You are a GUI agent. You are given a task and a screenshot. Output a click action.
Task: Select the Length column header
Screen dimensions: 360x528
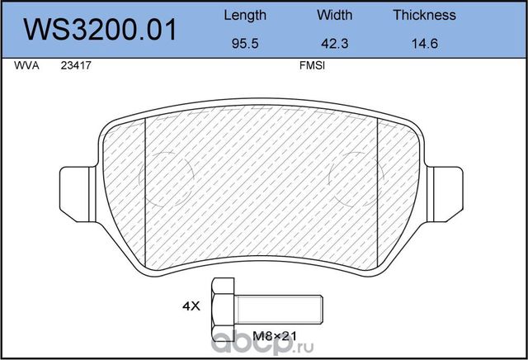pyautogui.click(x=245, y=15)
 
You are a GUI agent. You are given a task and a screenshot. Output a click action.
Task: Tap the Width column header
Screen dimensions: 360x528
pyautogui.click(x=334, y=15)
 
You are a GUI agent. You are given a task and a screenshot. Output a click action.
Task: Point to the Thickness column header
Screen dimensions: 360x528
pyautogui.click(x=424, y=15)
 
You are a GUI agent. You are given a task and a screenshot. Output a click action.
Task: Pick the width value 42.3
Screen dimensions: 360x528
pyautogui.click(x=334, y=46)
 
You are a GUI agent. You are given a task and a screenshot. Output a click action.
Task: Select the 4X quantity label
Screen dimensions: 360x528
pyautogui.click(x=191, y=306)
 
